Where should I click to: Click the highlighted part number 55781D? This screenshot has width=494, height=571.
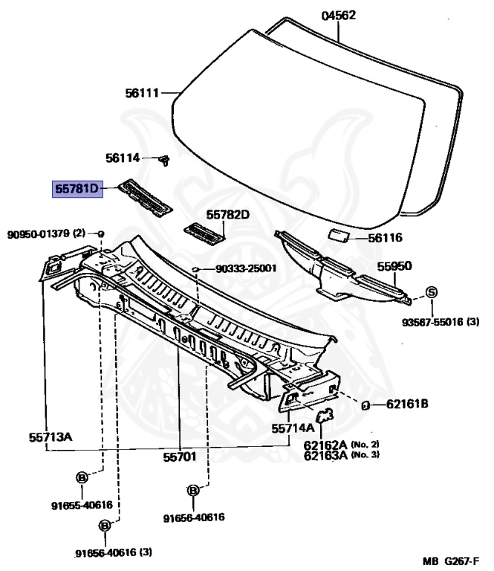(76, 189)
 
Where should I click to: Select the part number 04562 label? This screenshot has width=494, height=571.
(339, 16)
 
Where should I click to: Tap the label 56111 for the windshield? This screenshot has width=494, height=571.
(142, 94)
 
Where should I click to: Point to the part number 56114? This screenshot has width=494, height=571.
(123, 158)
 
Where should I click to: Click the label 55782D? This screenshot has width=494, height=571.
(228, 216)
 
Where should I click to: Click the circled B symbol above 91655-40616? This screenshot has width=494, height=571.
(82, 477)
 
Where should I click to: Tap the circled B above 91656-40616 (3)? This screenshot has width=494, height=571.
(104, 525)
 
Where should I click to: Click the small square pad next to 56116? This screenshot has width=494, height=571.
(339, 235)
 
